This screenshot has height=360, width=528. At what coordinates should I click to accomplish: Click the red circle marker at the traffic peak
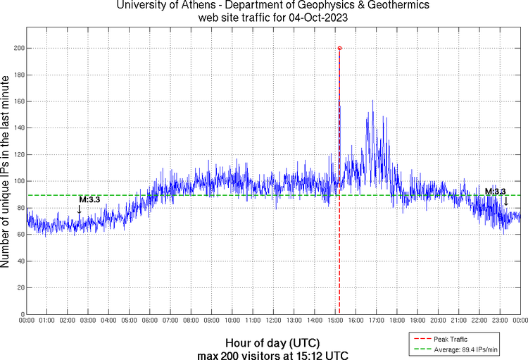tap(339, 48)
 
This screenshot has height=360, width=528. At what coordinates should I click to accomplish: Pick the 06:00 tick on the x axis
tap(150, 321)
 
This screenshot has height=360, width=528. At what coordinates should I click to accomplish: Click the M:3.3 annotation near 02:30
tap(89, 199)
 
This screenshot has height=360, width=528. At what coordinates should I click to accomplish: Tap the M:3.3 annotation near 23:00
tap(495, 191)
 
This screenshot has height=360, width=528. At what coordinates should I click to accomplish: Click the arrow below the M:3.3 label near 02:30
tap(80, 209)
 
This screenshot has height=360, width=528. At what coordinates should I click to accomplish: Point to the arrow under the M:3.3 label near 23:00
tap(505, 201)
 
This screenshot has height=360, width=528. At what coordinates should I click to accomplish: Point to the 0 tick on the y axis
tap(23, 314)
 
